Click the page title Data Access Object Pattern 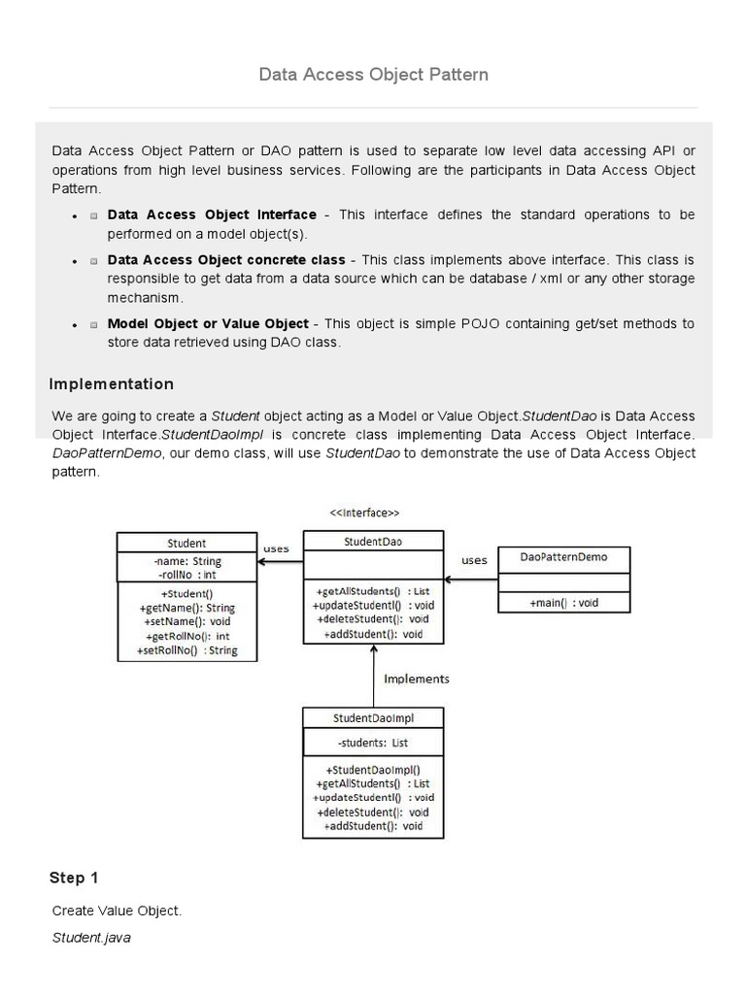[x=373, y=74]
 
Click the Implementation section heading [x=112, y=384]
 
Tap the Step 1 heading [x=74, y=878]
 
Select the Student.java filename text [x=91, y=939]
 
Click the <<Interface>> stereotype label [x=365, y=513]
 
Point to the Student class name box [x=186, y=544]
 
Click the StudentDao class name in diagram [x=373, y=542]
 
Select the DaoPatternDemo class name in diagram [x=563, y=557]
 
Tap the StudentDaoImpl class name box [x=373, y=718]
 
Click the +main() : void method [x=563, y=603]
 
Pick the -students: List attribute [x=373, y=743]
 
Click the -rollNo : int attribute [x=186, y=575]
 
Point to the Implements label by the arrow [x=417, y=679]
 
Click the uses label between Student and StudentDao [x=276, y=549]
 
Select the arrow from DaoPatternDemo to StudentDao [x=470, y=580]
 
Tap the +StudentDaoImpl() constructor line [x=373, y=769]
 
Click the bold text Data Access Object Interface [x=212, y=215]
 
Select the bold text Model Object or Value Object [x=208, y=323]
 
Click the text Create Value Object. [x=117, y=911]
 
